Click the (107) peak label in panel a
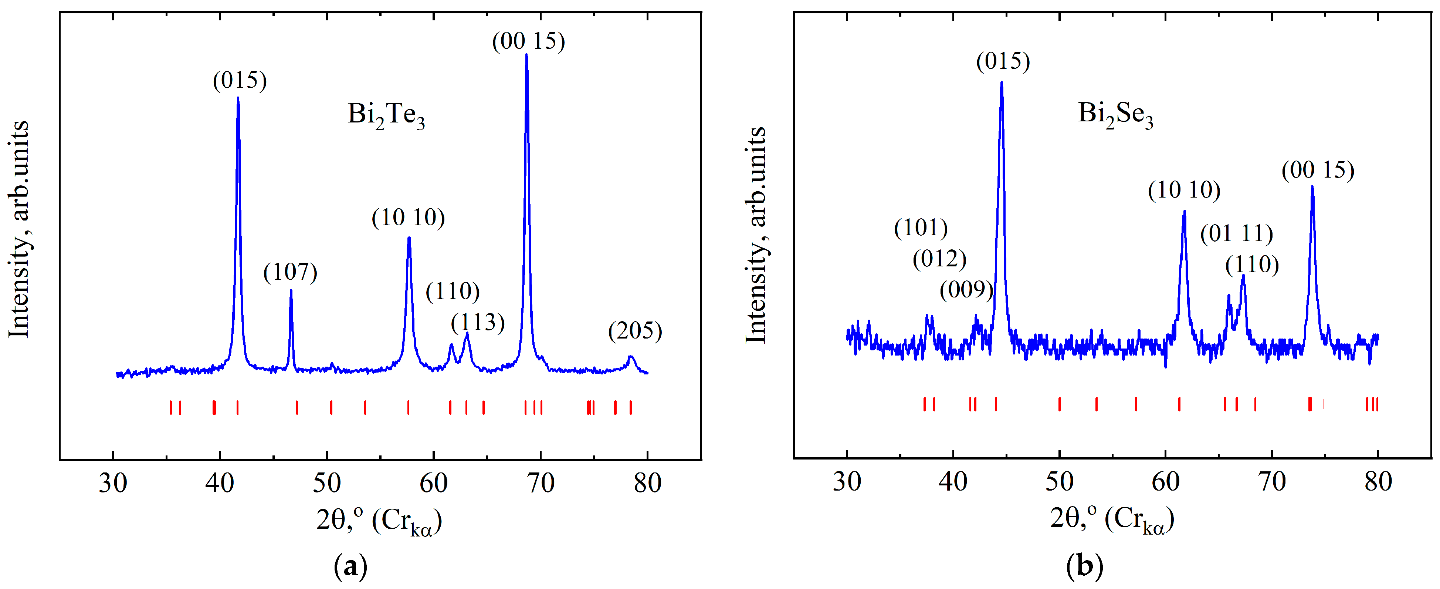point(290,272)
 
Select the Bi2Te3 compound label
point(386,115)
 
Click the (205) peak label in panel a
point(635,331)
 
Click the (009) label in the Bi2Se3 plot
point(966,290)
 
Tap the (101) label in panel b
point(921,228)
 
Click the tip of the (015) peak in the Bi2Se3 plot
point(1001,83)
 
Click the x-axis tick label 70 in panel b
point(1272,481)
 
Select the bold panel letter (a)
point(350,567)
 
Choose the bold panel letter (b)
point(1084,566)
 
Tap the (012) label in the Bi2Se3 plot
point(939,258)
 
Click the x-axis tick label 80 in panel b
point(1378,481)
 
